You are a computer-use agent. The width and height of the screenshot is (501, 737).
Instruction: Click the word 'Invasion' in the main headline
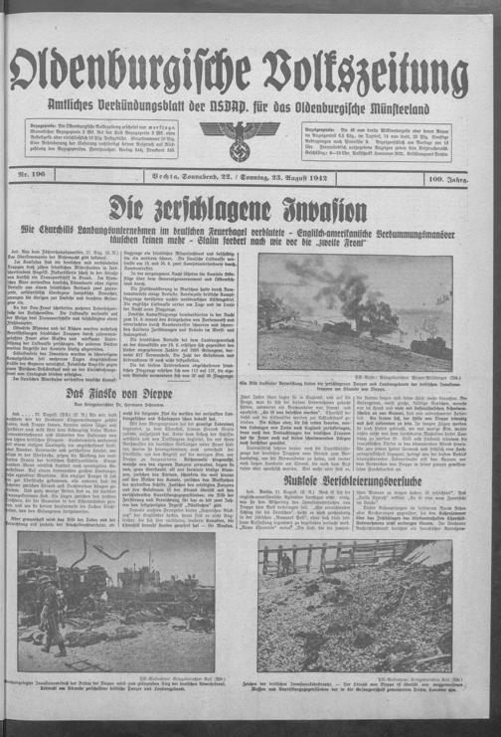[317, 209]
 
